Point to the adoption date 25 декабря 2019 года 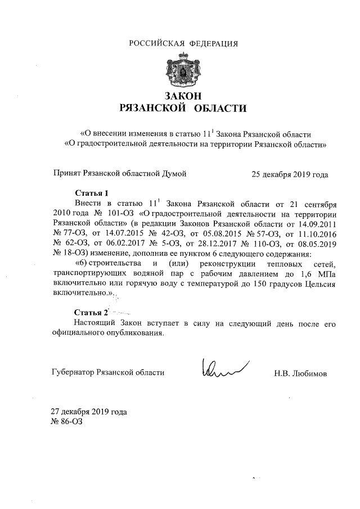(290, 174)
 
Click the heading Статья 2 (91, 312)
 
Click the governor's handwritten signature (222, 368)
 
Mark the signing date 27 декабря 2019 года (89, 411)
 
